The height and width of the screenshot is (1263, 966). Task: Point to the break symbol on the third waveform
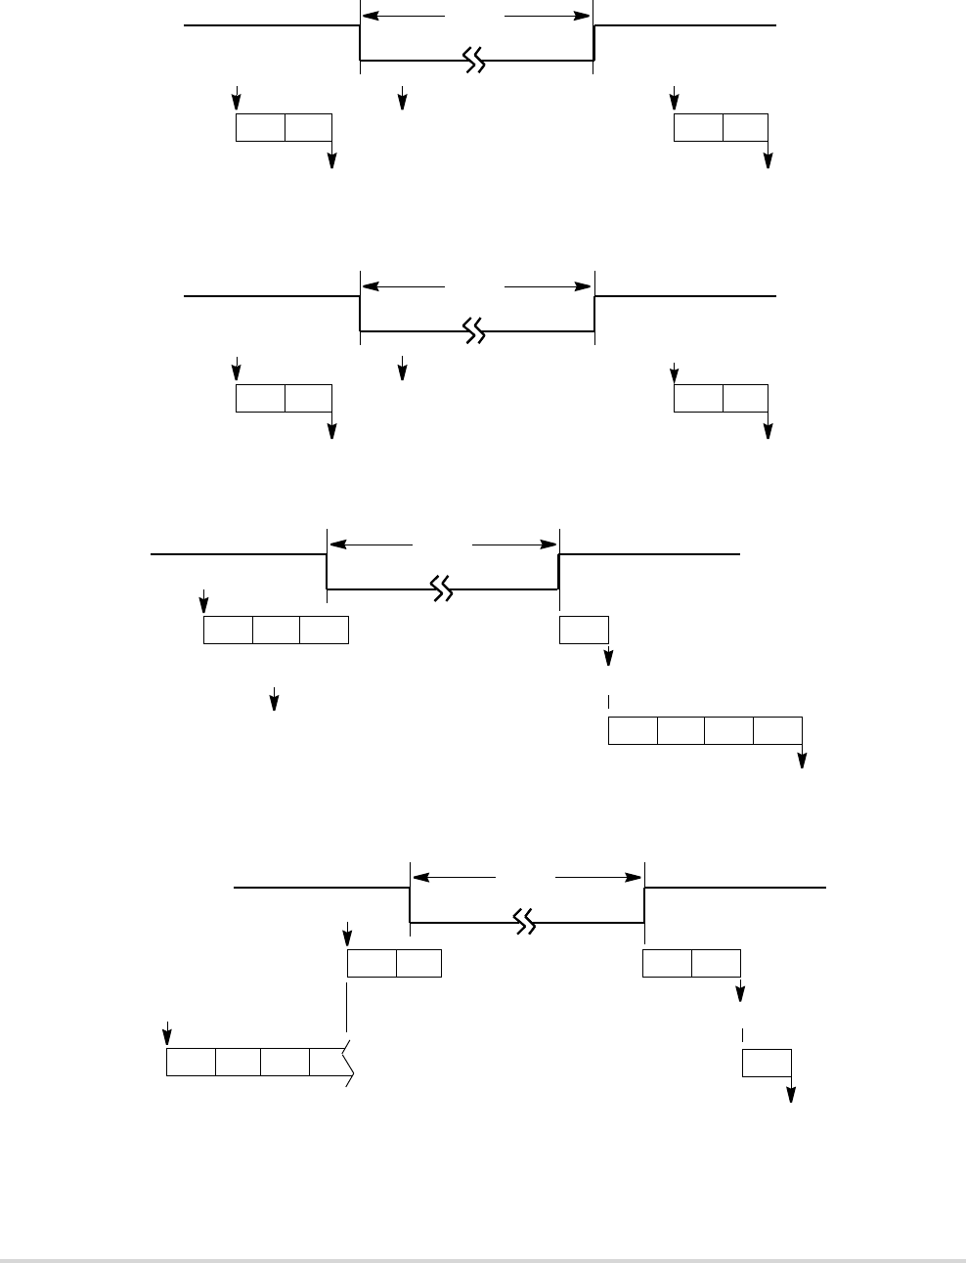coord(442,588)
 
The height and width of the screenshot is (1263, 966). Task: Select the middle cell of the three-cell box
coord(276,631)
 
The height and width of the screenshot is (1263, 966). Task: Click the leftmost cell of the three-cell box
coord(228,631)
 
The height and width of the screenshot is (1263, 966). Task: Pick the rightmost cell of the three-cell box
coord(324,631)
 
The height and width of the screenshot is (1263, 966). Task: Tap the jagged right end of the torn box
coord(348,1063)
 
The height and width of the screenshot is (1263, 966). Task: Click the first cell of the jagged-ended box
coord(191,1063)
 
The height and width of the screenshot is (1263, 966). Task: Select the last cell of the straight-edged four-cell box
coord(777,730)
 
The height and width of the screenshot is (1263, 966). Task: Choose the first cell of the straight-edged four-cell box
coord(633,730)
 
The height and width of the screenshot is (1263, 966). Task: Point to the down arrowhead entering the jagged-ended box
coord(167,1039)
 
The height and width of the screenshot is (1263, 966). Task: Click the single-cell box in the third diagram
coord(584,631)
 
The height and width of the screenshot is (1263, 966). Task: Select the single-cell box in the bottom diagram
coord(767,1063)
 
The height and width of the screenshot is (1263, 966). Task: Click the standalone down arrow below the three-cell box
coord(275,701)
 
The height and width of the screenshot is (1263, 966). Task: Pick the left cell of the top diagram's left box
coord(260,128)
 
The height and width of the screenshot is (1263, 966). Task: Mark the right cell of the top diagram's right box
coord(745,128)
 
